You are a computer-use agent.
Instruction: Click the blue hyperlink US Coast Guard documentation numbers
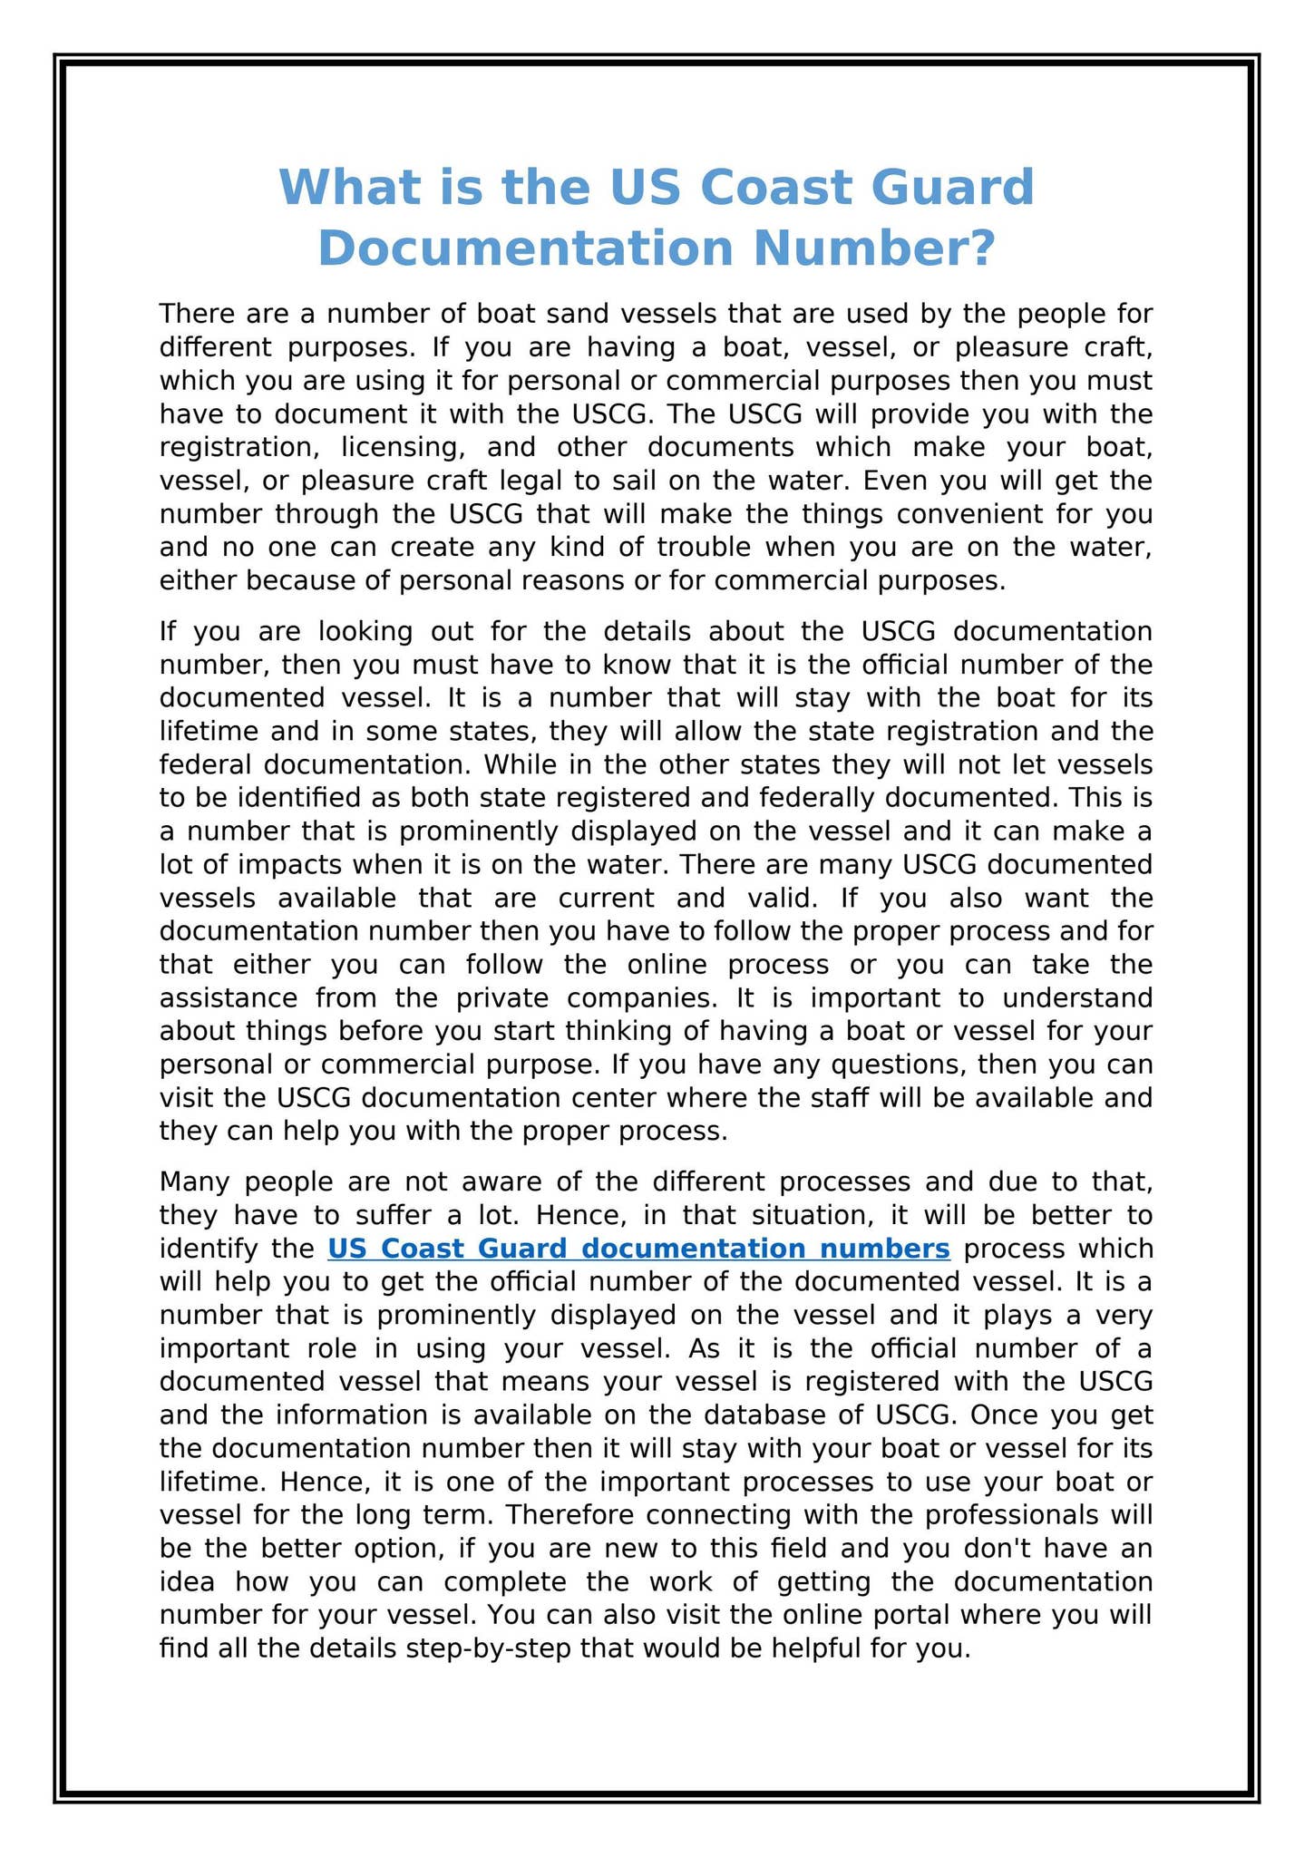(x=638, y=1249)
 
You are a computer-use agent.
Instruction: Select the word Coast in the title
(x=772, y=188)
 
